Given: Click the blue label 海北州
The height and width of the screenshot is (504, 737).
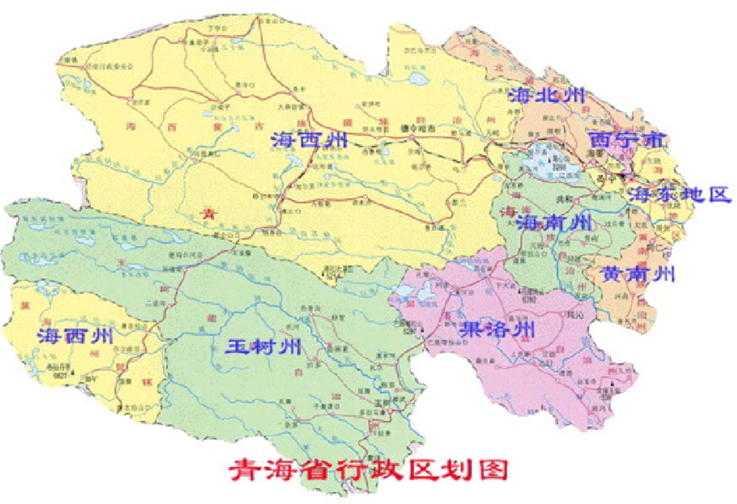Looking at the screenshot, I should click(x=547, y=96).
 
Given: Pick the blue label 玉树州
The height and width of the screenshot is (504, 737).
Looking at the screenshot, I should click(x=262, y=346).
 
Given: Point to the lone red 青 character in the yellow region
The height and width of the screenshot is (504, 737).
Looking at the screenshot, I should click(x=208, y=212).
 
